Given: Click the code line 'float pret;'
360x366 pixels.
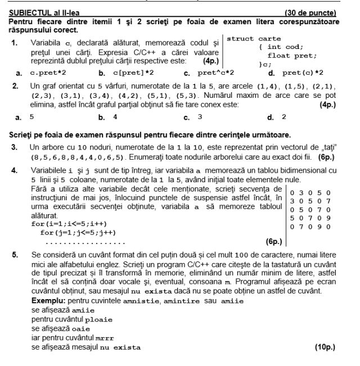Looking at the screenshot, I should (292, 56).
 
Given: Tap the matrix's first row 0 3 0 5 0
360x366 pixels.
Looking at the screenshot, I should (310, 193).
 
